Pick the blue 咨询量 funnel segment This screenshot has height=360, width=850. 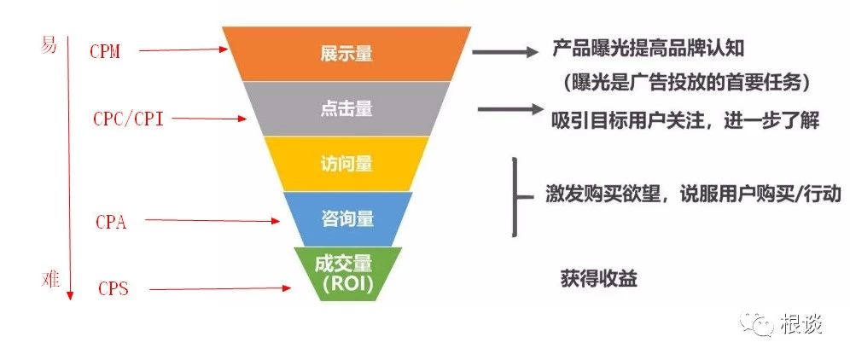[x=347, y=218]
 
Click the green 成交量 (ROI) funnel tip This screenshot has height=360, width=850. [x=347, y=274]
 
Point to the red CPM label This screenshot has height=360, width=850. [x=105, y=51]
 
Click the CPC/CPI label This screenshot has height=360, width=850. [x=129, y=119]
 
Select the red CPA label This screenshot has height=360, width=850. [x=111, y=221]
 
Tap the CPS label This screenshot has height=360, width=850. [x=114, y=288]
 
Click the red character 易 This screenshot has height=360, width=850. [x=49, y=45]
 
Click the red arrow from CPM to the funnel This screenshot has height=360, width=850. [x=183, y=49]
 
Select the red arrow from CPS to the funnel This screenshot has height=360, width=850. [x=220, y=288]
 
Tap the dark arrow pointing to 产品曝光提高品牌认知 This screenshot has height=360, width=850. [x=504, y=52]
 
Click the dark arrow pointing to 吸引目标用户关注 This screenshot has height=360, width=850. [x=510, y=109]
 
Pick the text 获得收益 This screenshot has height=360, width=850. [x=598, y=279]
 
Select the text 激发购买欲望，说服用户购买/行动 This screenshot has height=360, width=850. [x=693, y=195]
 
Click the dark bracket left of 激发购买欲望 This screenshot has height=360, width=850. [x=514, y=197]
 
